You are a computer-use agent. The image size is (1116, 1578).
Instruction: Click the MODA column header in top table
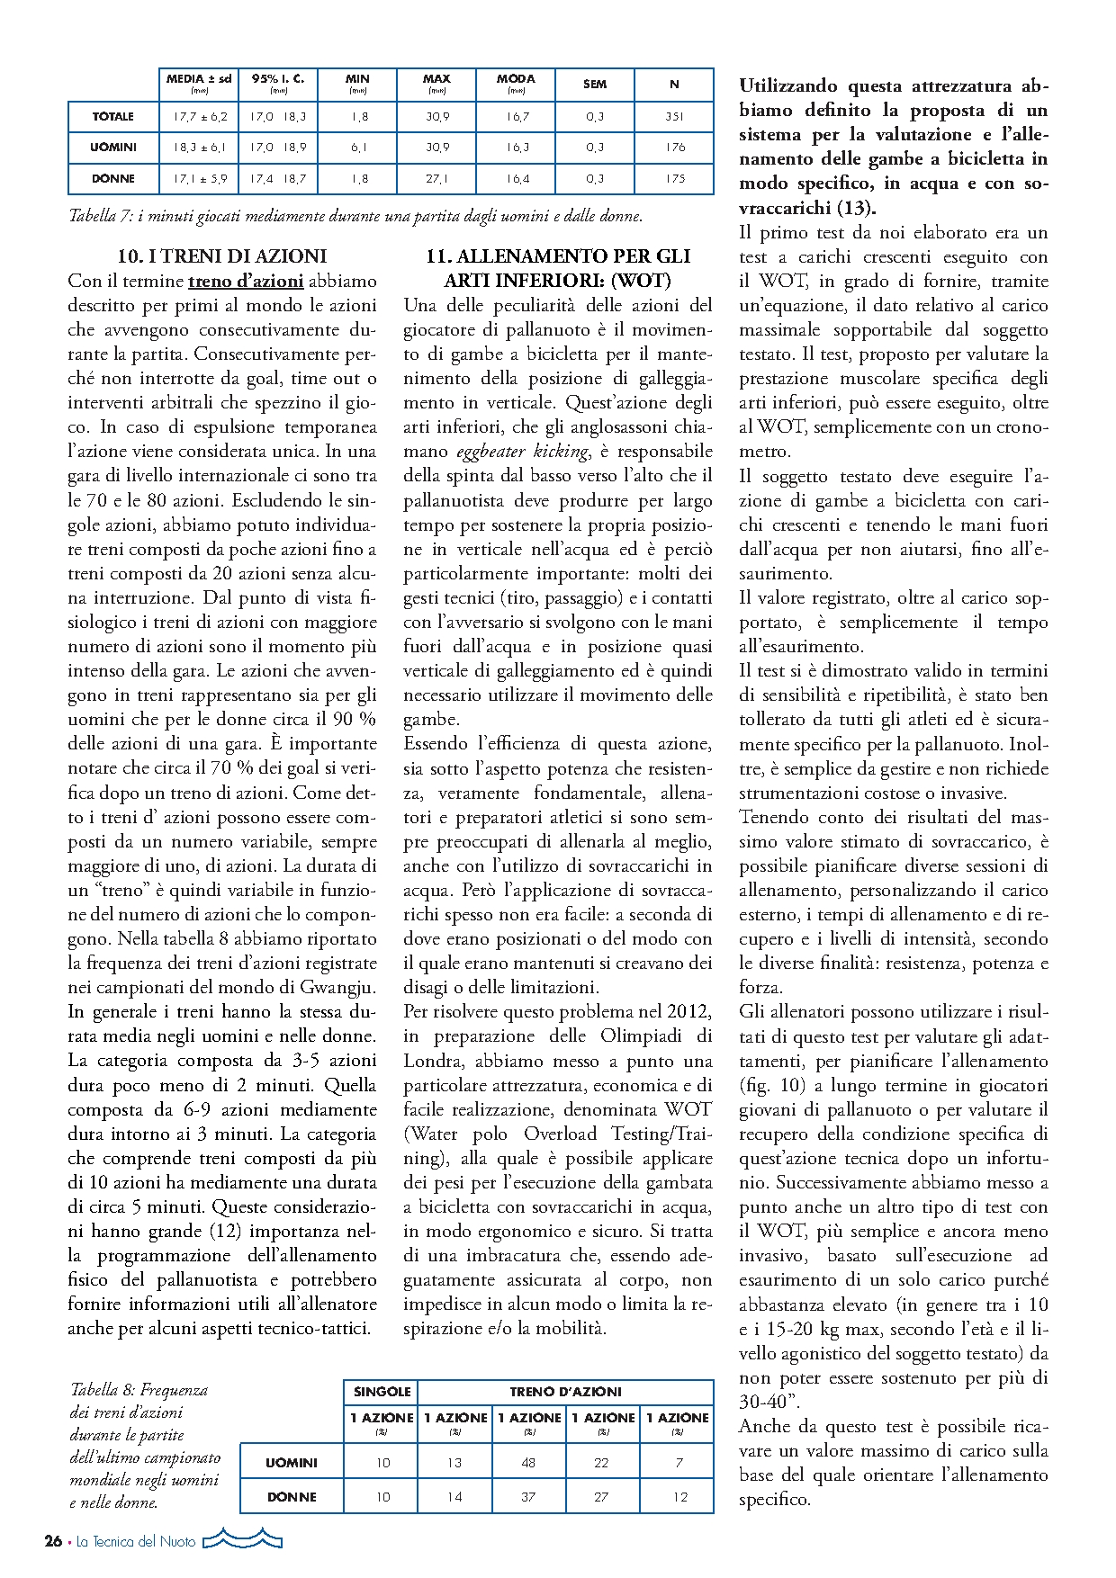coord(516,79)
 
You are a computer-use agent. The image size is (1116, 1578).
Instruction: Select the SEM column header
coord(595,84)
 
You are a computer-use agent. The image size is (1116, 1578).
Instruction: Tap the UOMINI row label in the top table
coord(113,148)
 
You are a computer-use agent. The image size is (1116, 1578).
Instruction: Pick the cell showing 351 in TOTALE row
coord(674,117)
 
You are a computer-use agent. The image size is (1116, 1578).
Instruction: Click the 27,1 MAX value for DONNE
coord(436,179)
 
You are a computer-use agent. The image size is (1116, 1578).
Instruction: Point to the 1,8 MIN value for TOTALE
coord(358,117)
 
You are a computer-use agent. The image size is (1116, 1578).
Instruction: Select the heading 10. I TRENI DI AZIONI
coord(222,256)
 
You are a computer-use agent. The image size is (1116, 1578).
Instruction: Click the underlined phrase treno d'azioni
coord(246,281)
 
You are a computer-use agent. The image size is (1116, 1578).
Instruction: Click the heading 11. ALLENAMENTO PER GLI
coord(558,256)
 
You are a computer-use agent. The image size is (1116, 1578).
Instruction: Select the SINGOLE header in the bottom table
coord(382,1392)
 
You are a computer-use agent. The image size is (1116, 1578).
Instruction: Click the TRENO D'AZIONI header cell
coord(565,1392)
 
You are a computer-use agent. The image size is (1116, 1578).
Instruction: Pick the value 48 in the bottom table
coord(528,1463)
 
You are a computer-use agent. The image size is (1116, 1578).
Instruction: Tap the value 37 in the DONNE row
coord(528,1497)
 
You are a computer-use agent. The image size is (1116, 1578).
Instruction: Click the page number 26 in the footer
coord(53,1541)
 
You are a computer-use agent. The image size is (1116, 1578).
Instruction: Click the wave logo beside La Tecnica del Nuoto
coord(242,1540)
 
